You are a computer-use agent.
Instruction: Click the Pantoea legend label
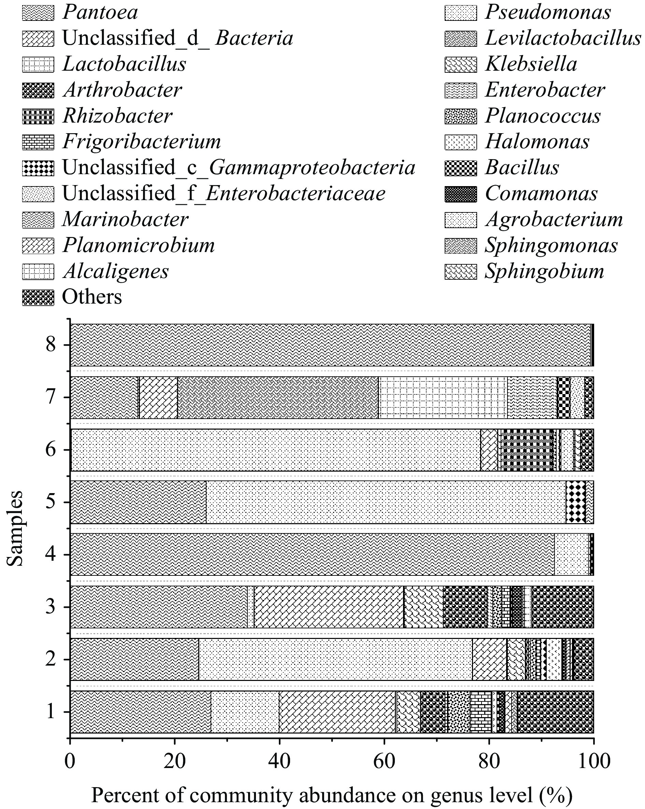tap(100, 12)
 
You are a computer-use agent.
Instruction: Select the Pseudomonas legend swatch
tap(460, 12)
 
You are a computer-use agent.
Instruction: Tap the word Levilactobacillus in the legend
tap(562, 38)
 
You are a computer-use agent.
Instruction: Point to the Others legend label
tap(92, 297)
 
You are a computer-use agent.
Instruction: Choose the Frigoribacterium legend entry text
tap(142, 142)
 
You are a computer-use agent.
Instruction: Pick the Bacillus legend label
tap(522, 167)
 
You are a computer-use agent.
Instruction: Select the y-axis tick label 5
tap(51, 502)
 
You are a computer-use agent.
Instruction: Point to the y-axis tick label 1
tap(51, 711)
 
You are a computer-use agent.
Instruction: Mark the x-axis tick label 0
tap(70, 762)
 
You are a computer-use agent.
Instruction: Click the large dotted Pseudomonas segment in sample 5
tap(386, 502)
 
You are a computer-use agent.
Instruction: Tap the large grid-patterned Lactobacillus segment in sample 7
tap(443, 397)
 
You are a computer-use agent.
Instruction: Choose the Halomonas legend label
tap(537, 142)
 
